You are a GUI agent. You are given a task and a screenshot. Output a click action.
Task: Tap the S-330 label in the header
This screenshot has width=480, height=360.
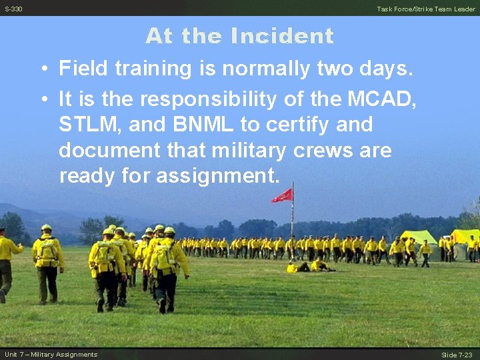pos(13,9)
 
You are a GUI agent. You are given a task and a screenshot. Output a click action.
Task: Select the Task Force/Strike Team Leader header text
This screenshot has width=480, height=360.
pos(426,9)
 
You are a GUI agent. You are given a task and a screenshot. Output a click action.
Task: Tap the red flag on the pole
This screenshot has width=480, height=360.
pos(283,195)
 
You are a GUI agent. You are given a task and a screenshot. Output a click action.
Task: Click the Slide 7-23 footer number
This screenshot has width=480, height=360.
pos(457,354)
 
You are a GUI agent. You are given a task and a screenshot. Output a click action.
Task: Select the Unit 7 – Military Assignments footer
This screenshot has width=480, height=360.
pos(51,354)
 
